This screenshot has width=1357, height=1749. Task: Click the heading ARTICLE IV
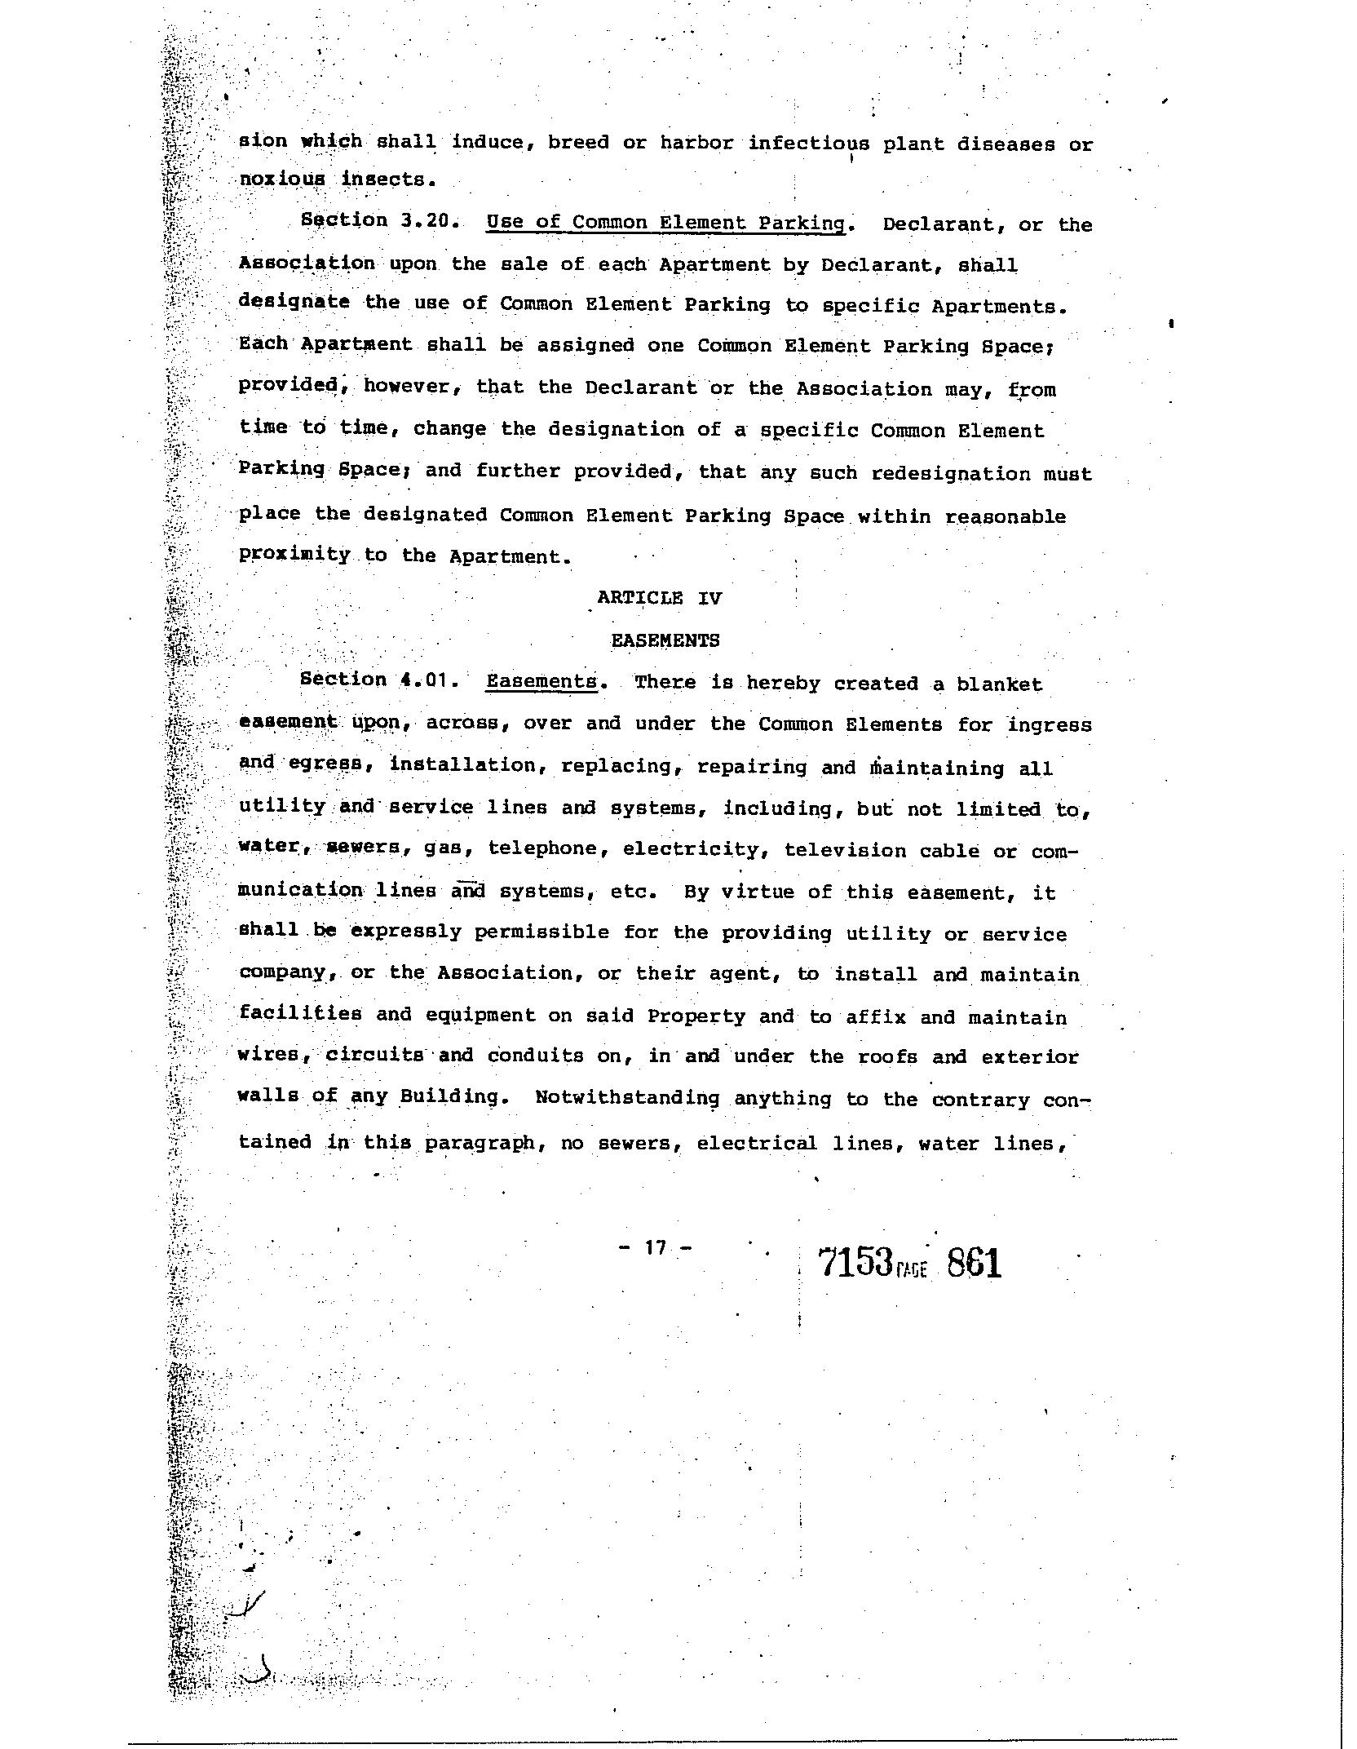point(659,597)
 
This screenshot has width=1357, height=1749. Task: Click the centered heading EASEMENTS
point(665,640)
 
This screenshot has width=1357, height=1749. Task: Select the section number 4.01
point(423,680)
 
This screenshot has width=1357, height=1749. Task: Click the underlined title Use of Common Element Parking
point(665,224)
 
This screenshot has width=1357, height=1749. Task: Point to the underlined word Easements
point(541,682)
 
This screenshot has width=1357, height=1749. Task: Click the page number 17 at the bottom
point(656,1247)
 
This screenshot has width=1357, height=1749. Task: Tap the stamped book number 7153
point(853,1264)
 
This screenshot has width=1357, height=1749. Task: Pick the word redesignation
point(951,474)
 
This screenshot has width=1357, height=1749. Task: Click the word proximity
point(294,555)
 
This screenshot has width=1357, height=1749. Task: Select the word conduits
point(536,1056)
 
